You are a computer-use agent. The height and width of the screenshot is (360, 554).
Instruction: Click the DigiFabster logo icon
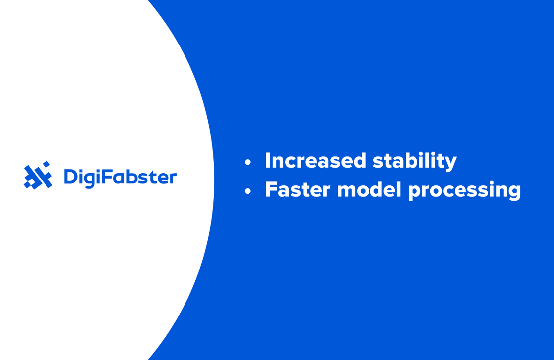[x=38, y=176]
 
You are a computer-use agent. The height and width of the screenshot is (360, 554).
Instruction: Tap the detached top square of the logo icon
[x=46, y=164]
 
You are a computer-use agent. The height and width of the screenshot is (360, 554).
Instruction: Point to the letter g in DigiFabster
[x=92, y=179]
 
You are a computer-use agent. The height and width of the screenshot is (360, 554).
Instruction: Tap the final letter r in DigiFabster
[x=172, y=179]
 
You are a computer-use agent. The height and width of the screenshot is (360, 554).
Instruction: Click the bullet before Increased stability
[x=248, y=162]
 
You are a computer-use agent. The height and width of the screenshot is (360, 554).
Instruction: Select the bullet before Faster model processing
[x=248, y=191]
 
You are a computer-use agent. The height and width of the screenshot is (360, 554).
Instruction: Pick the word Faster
[x=297, y=190]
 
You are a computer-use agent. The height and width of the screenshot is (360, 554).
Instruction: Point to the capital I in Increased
[x=268, y=161]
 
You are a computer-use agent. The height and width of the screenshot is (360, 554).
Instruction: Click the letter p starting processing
[x=414, y=193]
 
